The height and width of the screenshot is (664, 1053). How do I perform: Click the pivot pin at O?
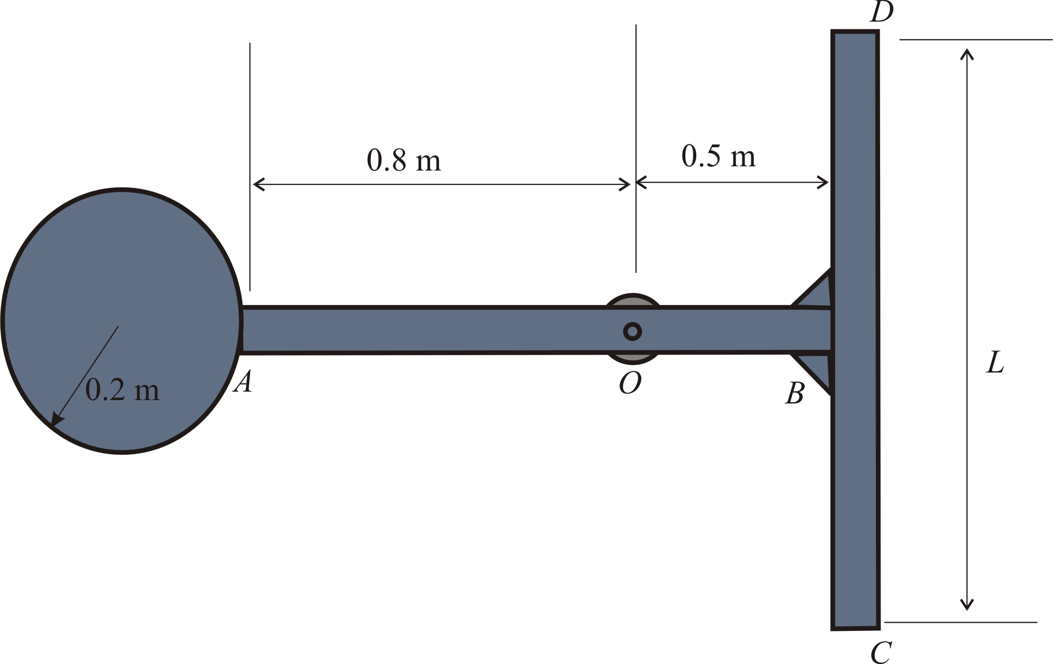632,331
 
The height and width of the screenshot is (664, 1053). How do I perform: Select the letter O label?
630,382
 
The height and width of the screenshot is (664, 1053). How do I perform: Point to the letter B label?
795,392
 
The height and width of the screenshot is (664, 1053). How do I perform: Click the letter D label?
881,11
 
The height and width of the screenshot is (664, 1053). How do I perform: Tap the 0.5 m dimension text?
719,155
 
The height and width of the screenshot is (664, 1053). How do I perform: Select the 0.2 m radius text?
122,389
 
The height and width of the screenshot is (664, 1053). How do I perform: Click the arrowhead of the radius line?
56,418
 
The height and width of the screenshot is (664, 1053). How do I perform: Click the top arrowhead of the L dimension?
967,54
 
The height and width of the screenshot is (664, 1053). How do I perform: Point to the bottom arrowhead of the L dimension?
967,605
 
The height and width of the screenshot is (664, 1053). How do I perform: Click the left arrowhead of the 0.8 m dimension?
259,184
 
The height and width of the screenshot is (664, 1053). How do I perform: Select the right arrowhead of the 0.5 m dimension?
822,182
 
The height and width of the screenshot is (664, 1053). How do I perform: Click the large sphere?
122,322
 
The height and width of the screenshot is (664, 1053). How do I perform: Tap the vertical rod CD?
856,330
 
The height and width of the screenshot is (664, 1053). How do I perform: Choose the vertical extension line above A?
250,167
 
